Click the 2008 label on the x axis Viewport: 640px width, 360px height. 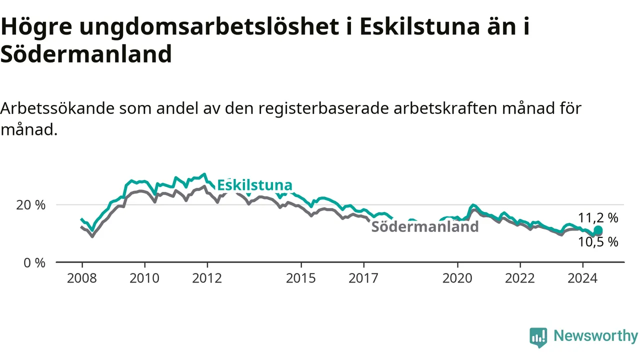coord(81,278)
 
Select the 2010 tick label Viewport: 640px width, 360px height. coord(144,278)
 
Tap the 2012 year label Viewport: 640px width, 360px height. coord(207,278)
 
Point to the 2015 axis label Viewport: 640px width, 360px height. coord(301,278)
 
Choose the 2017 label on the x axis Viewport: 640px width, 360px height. coord(363,278)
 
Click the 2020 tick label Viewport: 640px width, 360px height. coord(457,278)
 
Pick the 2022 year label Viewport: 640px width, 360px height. coord(520,278)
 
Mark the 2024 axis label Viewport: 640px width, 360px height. coord(582,278)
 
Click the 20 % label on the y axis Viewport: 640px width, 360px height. coord(31,205)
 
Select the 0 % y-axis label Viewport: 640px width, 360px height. coord(34,263)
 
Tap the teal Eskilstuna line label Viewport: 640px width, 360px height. coord(255,185)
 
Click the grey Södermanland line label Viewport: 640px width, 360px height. coord(425,227)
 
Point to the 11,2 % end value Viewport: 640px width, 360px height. coord(598,218)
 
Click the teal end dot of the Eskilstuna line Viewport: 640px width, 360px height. coord(598,230)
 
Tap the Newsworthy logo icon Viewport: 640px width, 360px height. coord(538,337)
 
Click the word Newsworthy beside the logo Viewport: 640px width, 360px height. coord(595,335)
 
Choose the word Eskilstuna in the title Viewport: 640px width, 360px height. coord(419,26)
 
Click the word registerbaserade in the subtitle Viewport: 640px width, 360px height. coord(323,108)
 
